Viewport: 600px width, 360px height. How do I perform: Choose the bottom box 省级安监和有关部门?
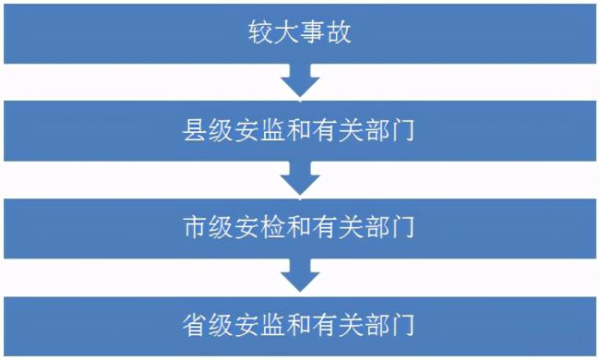299,324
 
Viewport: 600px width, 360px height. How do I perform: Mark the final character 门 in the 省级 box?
400,325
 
